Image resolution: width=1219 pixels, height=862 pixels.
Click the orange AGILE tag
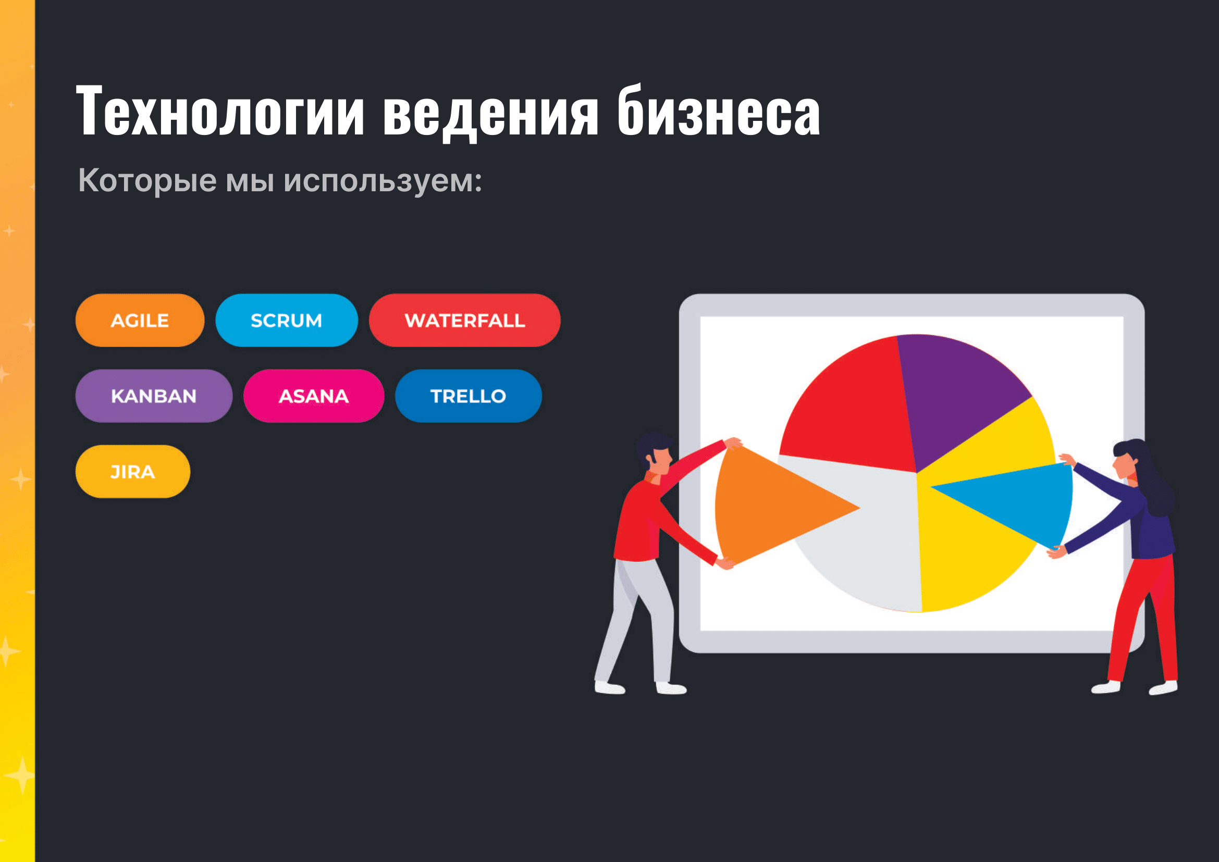coord(140,320)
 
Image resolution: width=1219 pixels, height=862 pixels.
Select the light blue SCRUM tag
coord(287,320)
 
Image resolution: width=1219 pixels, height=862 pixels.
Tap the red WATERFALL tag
coord(464,320)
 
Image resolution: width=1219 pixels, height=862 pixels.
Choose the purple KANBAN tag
coord(154,396)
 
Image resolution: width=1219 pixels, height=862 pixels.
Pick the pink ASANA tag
coord(314,396)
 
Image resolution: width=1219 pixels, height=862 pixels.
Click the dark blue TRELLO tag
coord(469,396)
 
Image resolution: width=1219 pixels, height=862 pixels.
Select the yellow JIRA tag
coord(133,471)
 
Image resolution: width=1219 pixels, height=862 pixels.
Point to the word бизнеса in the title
coord(719,110)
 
